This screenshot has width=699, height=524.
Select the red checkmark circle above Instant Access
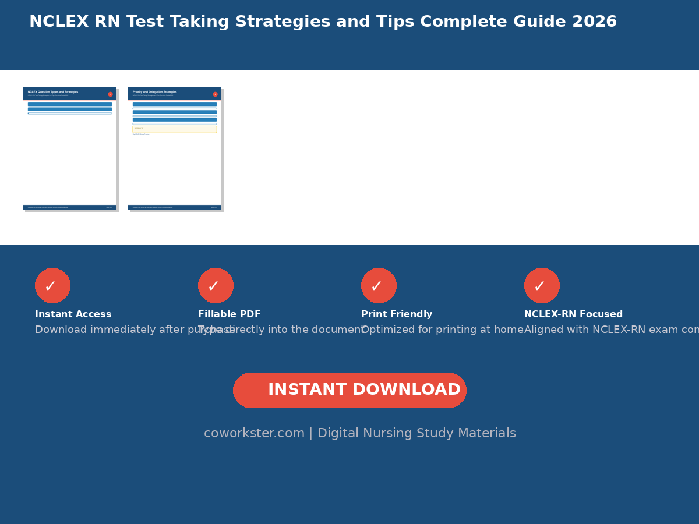point(52,285)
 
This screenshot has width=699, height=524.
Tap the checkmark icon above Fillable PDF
point(216,285)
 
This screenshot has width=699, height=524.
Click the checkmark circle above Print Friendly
point(379,285)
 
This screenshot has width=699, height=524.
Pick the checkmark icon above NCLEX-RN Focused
point(542,285)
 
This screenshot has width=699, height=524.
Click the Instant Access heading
point(73,314)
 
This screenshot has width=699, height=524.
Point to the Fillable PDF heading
point(229,314)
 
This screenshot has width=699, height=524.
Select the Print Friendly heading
point(396,314)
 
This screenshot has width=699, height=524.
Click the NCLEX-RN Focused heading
point(573,314)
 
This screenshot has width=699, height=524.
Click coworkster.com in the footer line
point(254,434)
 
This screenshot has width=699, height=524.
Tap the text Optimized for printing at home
point(442,330)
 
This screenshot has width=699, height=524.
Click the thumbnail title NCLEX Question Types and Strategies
point(53,92)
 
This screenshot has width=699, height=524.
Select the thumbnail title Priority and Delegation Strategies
point(154,92)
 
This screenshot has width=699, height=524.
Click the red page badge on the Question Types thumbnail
point(110,94)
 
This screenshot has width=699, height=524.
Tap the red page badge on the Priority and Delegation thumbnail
point(215,94)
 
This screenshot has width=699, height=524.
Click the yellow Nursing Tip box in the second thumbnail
point(175,129)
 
